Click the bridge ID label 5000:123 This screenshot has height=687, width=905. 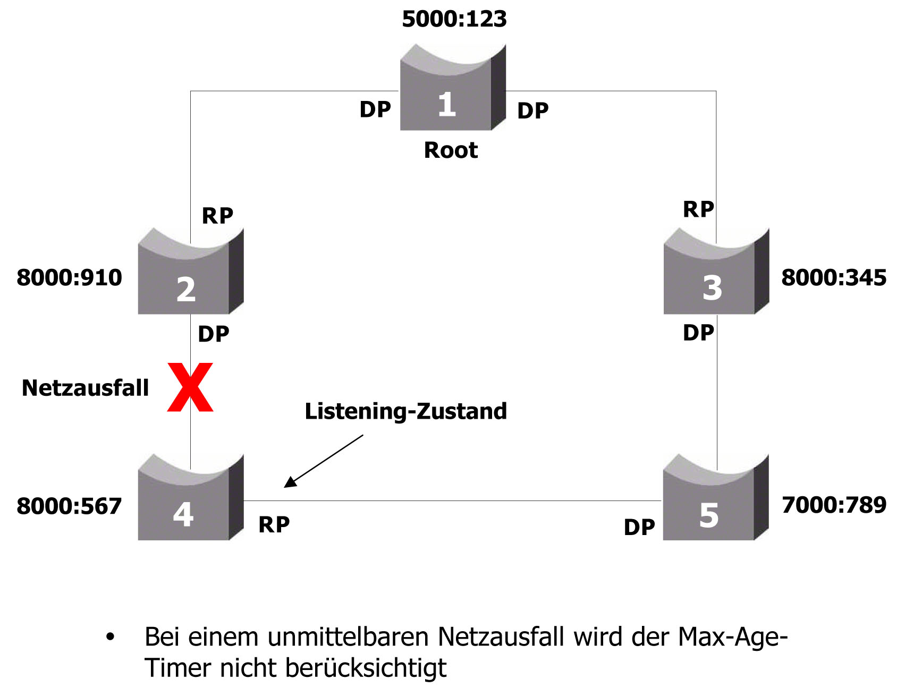(454, 19)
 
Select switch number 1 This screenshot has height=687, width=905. (452, 90)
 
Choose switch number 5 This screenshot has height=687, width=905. (715, 499)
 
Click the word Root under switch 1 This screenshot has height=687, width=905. (451, 150)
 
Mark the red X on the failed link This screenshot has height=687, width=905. (190, 387)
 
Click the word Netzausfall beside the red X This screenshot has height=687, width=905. (85, 388)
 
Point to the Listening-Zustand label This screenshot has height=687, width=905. (405, 411)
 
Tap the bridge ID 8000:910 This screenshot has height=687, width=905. (69, 277)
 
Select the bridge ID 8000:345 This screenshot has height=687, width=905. (834, 277)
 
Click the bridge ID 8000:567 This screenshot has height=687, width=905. (69, 506)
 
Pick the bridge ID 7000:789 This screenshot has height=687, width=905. (834, 505)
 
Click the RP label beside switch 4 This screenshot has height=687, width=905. (274, 524)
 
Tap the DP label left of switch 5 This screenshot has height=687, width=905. (639, 527)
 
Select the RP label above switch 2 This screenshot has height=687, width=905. (217, 216)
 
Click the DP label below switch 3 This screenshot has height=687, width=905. (698, 333)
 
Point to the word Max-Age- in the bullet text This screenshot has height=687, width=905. (732, 637)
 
